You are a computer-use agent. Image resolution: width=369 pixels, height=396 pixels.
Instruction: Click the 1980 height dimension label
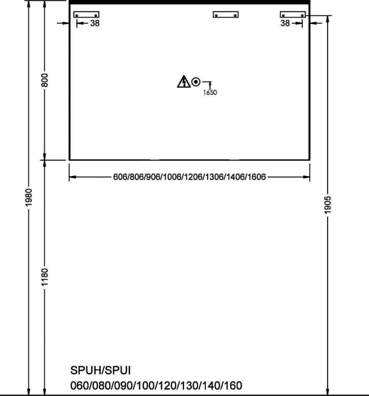[x=29, y=197]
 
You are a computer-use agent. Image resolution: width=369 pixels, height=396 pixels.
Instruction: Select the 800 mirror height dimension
[x=45, y=80]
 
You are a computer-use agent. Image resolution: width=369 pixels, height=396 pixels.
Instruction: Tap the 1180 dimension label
[x=45, y=277]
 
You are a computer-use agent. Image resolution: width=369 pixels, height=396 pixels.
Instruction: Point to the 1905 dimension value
[x=328, y=205]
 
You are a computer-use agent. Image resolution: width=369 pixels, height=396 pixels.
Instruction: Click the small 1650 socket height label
[x=210, y=92]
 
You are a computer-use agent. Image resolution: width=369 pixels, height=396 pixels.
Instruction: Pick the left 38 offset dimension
[x=95, y=23]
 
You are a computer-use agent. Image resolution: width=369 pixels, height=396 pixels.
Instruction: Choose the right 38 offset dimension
[x=285, y=23]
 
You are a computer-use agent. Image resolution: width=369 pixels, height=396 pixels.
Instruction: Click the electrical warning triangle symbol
[x=184, y=82]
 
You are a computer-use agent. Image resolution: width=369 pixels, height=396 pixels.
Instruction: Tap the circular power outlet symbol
[x=196, y=82]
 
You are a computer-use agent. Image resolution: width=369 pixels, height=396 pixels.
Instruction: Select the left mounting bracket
[x=87, y=14]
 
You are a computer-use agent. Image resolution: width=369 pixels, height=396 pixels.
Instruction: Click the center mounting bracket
[x=226, y=14]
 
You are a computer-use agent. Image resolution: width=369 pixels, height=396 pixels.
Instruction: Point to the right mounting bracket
[x=293, y=14]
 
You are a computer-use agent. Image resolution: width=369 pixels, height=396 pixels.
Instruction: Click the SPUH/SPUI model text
[x=101, y=371]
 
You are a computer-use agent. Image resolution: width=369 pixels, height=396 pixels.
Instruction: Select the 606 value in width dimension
[x=121, y=177]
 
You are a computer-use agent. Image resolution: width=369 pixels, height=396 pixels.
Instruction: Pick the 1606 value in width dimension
[x=256, y=177]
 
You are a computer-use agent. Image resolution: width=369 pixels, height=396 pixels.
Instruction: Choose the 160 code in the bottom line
[x=233, y=386]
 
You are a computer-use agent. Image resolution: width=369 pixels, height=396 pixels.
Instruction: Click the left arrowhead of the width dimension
[x=72, y=177]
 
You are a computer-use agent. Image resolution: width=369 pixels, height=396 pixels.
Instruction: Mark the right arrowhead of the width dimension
[x=306, y=177]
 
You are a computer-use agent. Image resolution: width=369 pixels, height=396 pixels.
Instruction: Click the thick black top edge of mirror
[x=190, y=2]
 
